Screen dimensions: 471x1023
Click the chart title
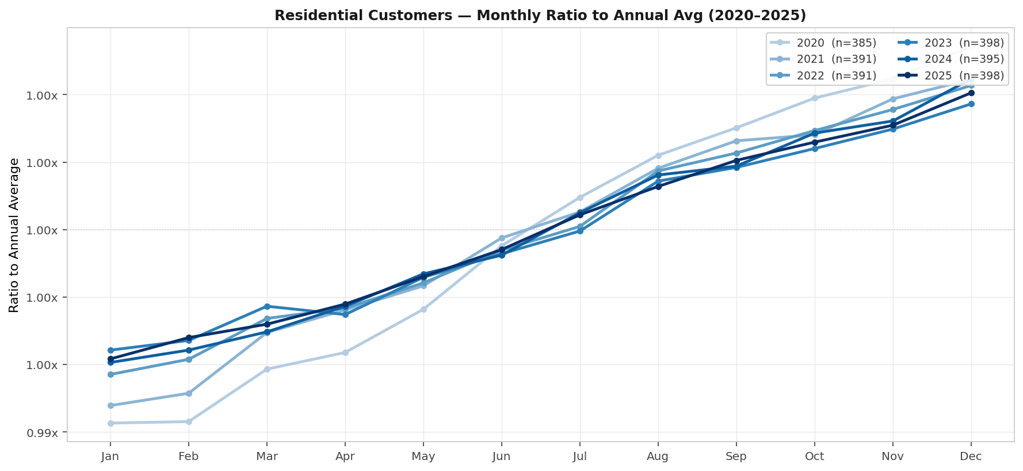point(540,16)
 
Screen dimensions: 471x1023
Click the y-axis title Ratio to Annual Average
point(14,235)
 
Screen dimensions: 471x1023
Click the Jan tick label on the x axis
point(110,457)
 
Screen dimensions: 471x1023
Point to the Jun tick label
point(501,457)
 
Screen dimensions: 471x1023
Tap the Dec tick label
point(971,457)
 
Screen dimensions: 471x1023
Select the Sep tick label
point(736,457)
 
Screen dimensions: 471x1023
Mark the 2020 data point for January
point(110,423)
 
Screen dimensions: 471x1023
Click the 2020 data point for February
point(189,421)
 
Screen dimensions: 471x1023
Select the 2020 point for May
point(423,309)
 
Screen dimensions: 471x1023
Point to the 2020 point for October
point(815,98)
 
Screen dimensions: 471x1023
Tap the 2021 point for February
point(189,393)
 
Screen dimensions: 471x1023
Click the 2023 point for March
point(267,306)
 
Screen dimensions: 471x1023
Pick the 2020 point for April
point(345,352)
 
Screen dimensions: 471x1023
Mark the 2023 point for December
point(971,104)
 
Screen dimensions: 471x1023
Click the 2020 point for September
point(736,128)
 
